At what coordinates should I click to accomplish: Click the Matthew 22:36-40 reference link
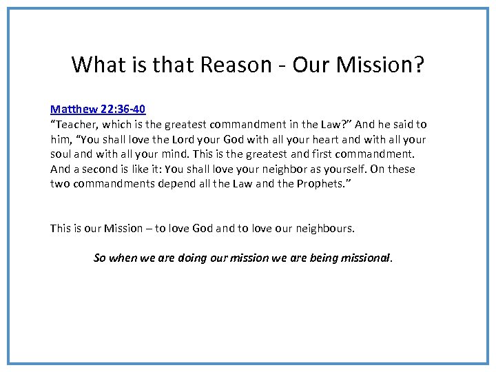click(98, 109)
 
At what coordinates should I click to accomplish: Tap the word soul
click(61, 154)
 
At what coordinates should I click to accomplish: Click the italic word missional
click(366, 258)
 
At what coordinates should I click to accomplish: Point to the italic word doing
click(190, 258)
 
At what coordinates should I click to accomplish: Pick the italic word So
click(100, 258)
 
